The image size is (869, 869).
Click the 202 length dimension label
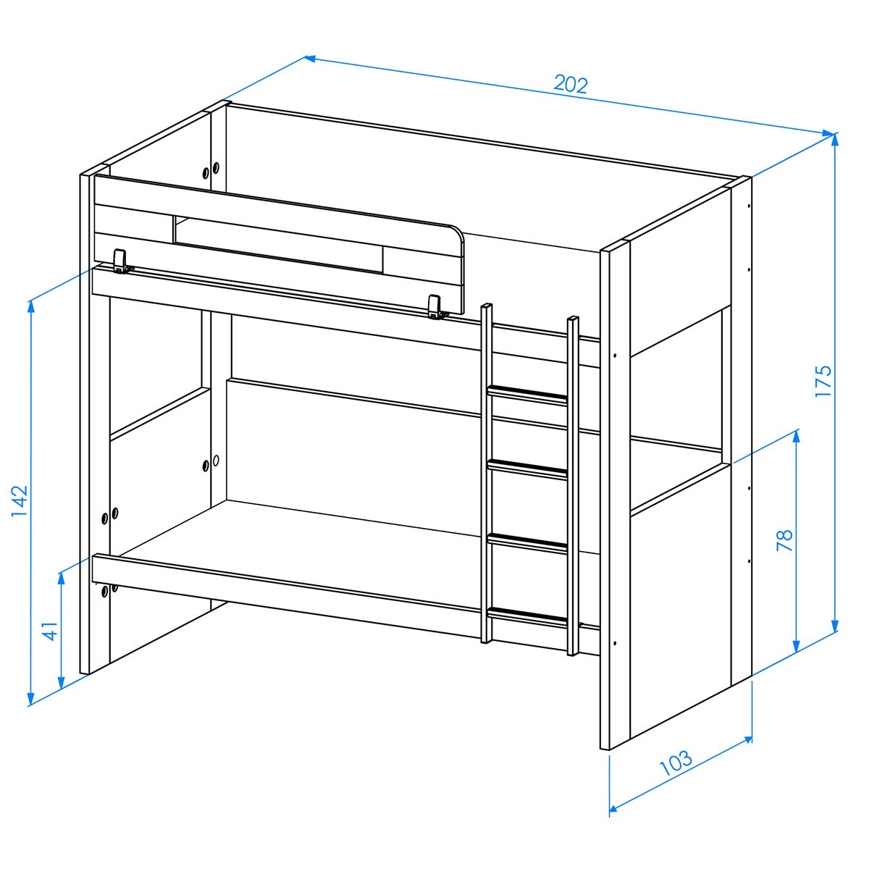pyautogui.click(x=571, y=85)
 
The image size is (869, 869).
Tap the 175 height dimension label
pyautogui.click(x=823, y=381)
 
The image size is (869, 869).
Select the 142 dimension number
pyautogui.click(x=20, y=500)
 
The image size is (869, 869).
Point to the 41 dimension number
pyautogui.click(x=51, y=631)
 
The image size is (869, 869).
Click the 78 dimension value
pyautogui.click(x=785, y=540)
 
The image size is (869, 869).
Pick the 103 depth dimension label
pyautogui.click(x=676, y=762)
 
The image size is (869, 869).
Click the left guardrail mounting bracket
pyautogui.click(x=122, y=261)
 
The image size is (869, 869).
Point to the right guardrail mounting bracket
pyautogui.click(x=437, y=307)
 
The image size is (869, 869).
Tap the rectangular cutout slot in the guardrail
pyautogui.click(x=277, y=244)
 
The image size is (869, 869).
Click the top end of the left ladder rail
pyautogui.click(x=487, y=306)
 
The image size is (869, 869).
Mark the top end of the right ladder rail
pyautogui.click(x=573, y=319)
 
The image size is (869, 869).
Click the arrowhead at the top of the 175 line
pyautogui.click(x=835, y=140)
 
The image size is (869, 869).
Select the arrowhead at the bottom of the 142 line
pyautogui.click(x=30, y=697)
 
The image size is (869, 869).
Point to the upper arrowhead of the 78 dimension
pyautogui.click(x=796, y=437)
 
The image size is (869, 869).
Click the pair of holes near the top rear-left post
pyautogui.click(x=211, y=170)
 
